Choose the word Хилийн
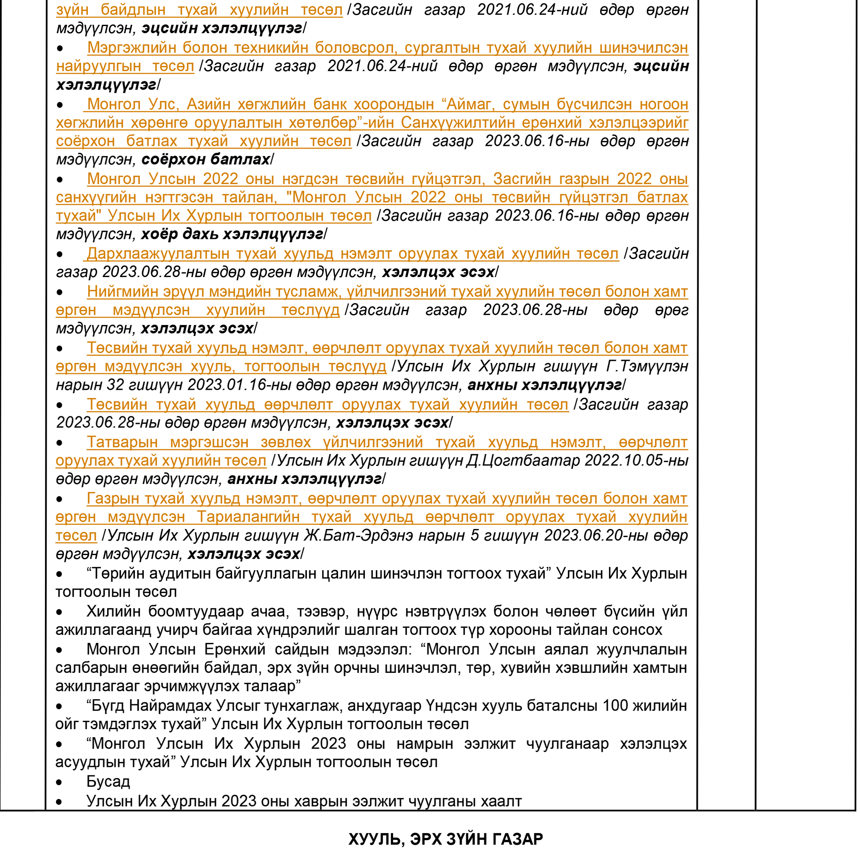click(113, 611)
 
